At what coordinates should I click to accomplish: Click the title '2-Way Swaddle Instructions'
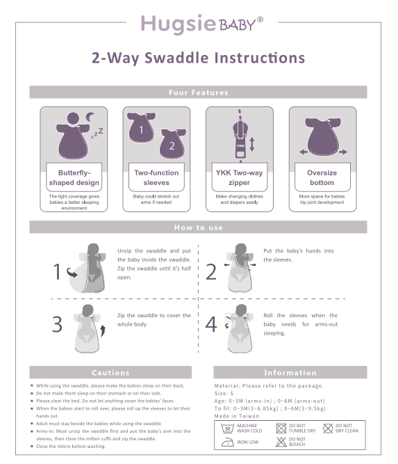click(x=199, y=57)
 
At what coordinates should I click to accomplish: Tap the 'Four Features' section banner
click(x=199, y=93)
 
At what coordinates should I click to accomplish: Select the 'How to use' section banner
click(x=199, y=227)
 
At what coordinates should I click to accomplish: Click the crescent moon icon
click(x=90, y=117)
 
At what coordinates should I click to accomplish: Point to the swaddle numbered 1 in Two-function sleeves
click(x=143, y=128)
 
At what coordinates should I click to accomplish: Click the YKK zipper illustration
click(x=240, y=136)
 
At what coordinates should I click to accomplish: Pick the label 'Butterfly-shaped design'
click(x=74, y=177)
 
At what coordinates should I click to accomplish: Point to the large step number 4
click(x=211, y=324)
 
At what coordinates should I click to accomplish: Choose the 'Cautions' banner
click(x=111, y=373)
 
